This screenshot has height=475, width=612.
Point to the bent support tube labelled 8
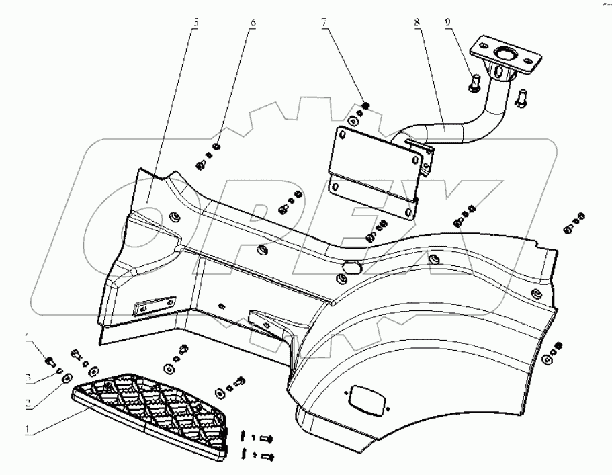tap(457, 125)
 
